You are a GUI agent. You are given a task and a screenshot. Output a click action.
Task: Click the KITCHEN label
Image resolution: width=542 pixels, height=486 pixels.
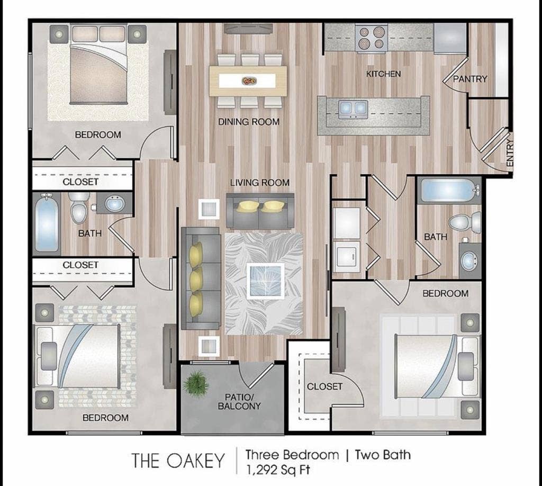click(x=383, y=74)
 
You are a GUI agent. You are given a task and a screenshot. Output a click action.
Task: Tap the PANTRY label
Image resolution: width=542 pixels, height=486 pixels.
click(x=470, y=79)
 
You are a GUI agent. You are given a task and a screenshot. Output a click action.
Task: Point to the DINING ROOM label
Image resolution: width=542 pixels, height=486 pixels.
click(x=249, y=122)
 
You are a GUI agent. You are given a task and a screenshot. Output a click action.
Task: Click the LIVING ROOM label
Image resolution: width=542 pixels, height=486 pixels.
click(x=259, y=183)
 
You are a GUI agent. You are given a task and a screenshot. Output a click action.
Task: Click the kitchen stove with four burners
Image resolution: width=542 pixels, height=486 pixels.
click(x=372, y=38)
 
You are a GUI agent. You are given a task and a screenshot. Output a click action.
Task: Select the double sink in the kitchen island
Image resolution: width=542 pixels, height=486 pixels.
click(x=353, y=109)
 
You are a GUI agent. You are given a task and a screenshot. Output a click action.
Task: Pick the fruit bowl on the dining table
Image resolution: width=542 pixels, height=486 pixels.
click(x=249, y=81)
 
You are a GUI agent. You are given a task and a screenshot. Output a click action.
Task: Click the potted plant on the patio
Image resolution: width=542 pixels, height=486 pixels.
click(x=196, y=383)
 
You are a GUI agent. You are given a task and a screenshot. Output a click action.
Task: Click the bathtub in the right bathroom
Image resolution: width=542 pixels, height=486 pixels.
click(x=448, y=191)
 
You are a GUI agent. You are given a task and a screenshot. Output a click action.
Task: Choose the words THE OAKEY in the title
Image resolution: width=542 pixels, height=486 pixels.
click(x=178, y=461)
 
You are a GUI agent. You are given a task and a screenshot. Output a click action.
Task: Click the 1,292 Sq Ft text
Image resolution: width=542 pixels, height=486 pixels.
click(x=278, y=469)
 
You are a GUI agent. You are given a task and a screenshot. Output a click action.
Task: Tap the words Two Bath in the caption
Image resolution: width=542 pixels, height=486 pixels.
click(x=382, y=454)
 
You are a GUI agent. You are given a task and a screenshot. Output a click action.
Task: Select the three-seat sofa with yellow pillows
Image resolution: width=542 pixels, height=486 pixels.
click(x=201, y=278)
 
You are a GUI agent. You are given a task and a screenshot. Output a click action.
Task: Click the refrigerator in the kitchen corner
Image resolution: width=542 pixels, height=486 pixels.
click(x=450, y=38)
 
